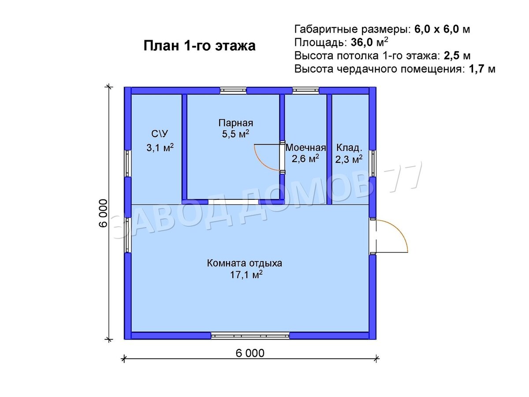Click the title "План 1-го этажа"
tap(199, 46)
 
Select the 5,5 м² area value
tap(236, 135)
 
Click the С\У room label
tap(160, 134)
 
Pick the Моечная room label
tap(305, 147)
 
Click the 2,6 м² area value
tap(305, 158)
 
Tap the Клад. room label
tap(350, 147)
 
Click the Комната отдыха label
tap(245, 264)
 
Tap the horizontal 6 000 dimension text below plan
tap(250, 353)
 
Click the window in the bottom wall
tap(250, 336)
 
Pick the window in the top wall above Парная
tap(233, 90)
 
